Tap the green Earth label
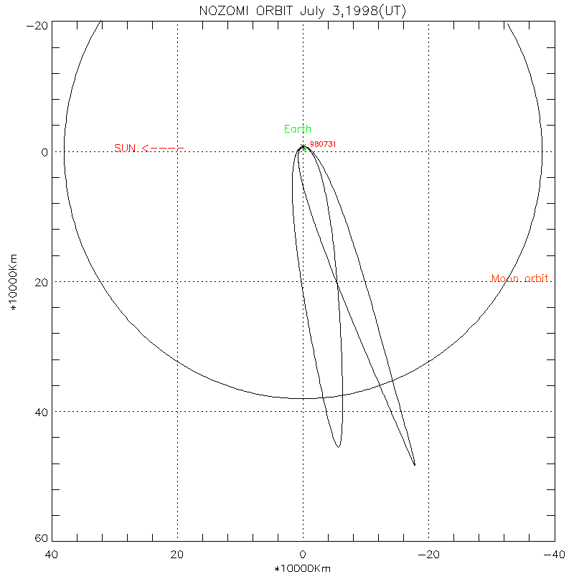click(x=298, y=129)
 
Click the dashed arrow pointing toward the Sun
click(x=164, y=149)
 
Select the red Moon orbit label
click(x=521, y=278)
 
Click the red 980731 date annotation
click(x=323, y=144)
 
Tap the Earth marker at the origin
click(x=303, y=148)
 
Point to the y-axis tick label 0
click(x=44, y=152)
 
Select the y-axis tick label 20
click(x=41, y=282)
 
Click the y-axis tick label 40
click(x=41, y=412)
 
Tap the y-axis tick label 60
click(x=41, y=540)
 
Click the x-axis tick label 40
click(x=52, y=555)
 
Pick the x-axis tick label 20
click(x=177, y=555)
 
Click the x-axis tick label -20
click(x=428, y=555)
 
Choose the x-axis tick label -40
click(x=552, y=555)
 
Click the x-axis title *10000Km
click(x=303, y=568)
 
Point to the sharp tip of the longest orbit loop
click(x=415, y=465)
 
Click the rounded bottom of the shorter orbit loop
click(x=338, y=446)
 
